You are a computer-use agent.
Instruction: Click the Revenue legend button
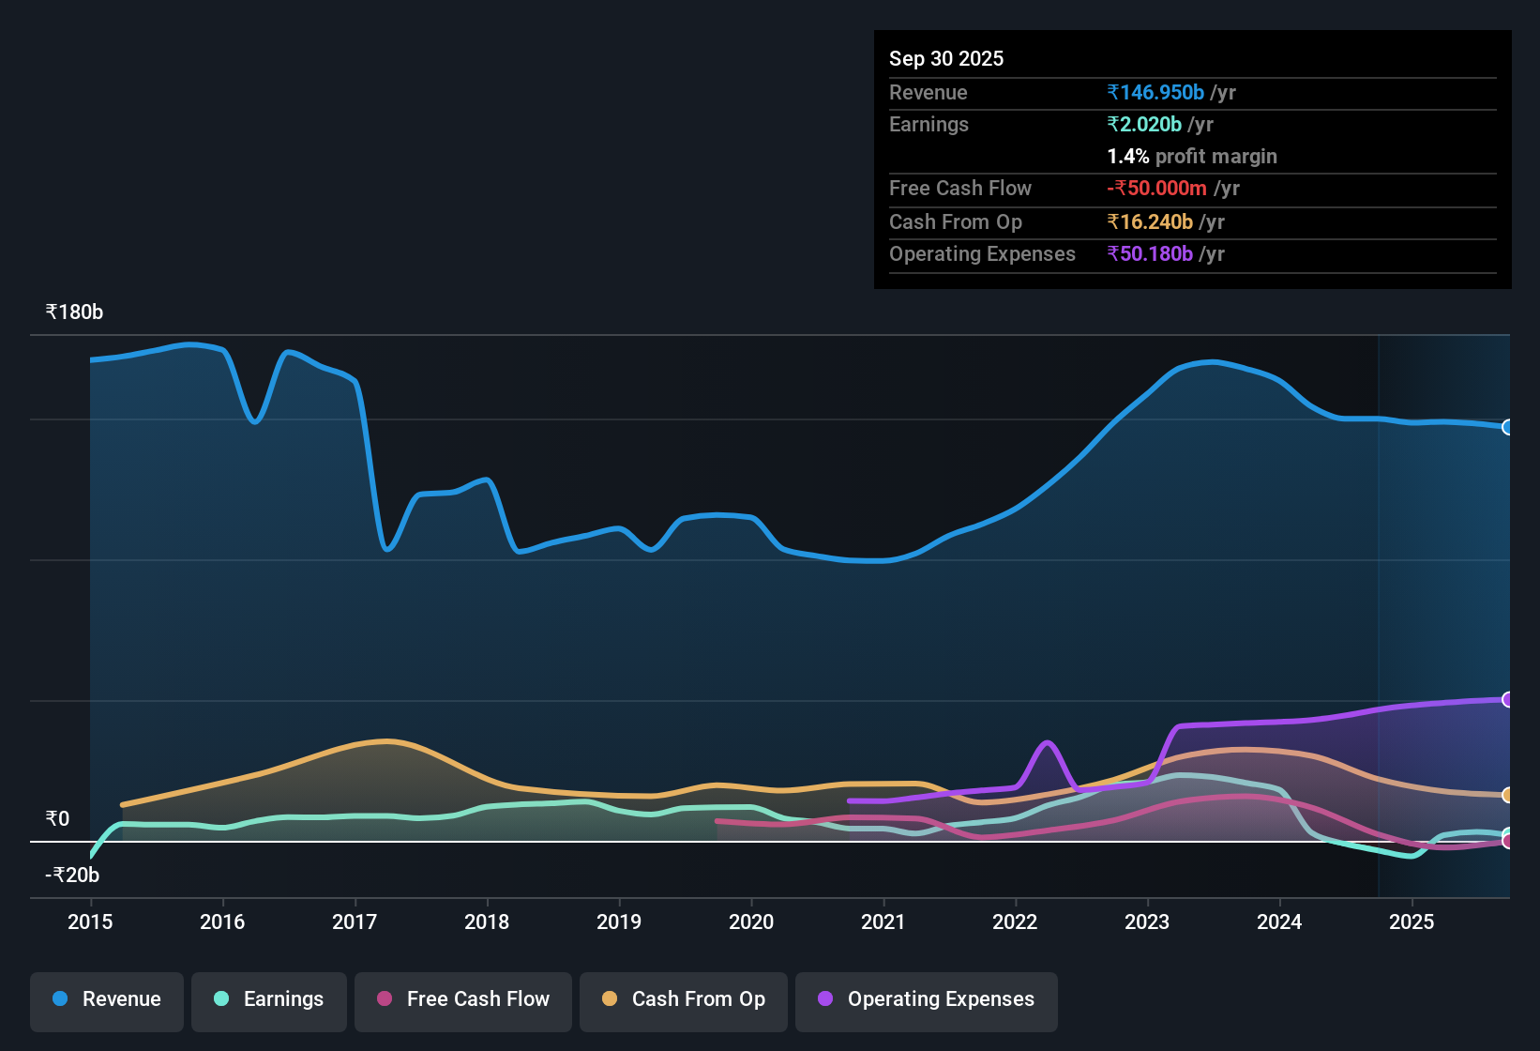coord(107,999)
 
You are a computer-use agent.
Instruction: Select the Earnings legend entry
coord(269,999)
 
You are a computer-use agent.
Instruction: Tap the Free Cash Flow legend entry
coord(463,999)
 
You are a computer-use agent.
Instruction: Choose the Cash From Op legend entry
coord(684,999)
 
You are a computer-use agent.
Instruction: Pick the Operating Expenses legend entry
coord(927,999)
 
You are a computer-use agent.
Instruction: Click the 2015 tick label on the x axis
coord(90,922)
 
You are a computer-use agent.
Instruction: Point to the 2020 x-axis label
coord(751,922)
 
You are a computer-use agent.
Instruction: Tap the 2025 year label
coord(1412,922)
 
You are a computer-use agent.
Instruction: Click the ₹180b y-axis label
coord(75,312)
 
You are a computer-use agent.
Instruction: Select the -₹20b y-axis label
coord(72,876)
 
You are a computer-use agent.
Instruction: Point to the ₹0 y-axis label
coord(58,819)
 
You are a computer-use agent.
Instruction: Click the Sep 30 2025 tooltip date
coord(946,59)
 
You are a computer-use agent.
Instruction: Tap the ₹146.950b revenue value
coord(1155,93)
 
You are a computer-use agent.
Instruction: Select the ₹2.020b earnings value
coord(1144,125)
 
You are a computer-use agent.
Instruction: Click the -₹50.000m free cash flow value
coord(1156,189)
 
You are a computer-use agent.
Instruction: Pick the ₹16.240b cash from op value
coord(1150,222)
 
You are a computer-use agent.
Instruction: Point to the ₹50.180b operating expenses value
coord(1150,254)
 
